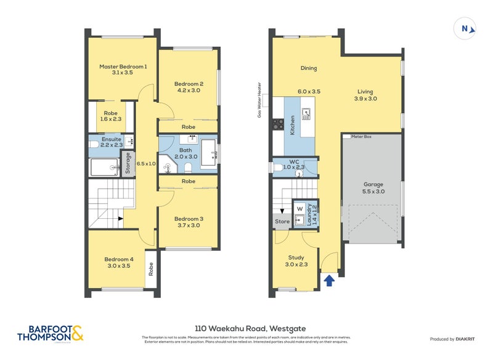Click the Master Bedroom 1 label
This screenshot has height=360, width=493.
pos(123,66)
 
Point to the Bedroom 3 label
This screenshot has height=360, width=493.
pos(188,219)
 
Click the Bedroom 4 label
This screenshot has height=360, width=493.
pos(119,259)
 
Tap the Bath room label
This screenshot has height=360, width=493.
pos(185,150)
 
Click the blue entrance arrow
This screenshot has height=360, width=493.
pos(329,281)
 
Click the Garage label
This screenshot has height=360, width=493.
pos(373,184)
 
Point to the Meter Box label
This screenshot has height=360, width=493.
pos(361,137)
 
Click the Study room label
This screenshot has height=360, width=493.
pos(296,258)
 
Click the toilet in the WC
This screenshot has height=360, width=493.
pos(277,166)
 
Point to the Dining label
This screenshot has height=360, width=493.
pos(309,68)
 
